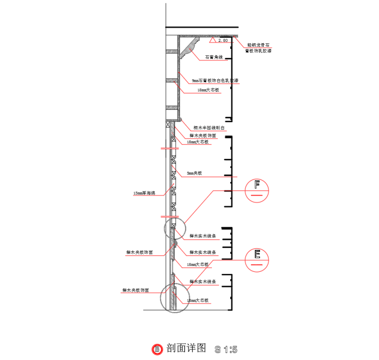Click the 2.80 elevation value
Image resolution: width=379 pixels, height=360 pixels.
[223, 40]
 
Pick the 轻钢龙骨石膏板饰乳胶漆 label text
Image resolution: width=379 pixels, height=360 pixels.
[258, 47]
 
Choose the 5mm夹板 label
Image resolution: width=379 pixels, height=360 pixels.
[194, 174]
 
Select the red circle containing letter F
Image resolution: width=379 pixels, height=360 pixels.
[258, 190]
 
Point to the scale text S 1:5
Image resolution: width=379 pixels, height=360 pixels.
[225, 348]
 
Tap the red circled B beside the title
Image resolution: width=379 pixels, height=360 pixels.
[157, 348]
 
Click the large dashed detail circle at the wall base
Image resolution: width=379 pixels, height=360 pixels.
[175, 298]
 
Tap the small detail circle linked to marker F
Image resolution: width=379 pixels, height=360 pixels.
[175, 228]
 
